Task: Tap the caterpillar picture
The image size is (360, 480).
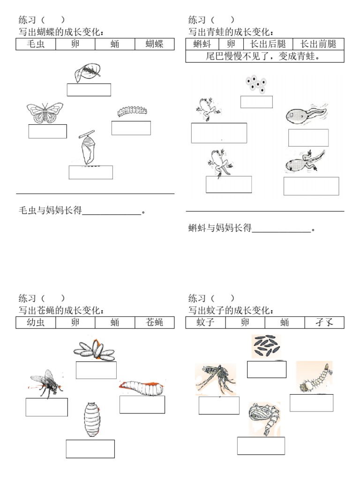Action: point(132,111)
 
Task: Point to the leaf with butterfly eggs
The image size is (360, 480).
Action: point(87,72)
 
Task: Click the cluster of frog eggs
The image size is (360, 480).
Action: point(256,84)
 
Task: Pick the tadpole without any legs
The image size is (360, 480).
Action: point(305,115)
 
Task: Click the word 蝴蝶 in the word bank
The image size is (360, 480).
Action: point(154,45)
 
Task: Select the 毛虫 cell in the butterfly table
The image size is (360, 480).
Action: point(36,45)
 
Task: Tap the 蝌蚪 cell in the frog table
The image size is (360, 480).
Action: point(202,45)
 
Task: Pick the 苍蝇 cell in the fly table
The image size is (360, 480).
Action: point(154,322)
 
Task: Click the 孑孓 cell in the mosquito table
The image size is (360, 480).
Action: point(324,322)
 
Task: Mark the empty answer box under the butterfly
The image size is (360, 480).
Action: point(47,131)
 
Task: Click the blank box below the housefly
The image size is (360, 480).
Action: point(46,407)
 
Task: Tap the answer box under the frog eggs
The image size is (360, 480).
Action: point(256,102)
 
